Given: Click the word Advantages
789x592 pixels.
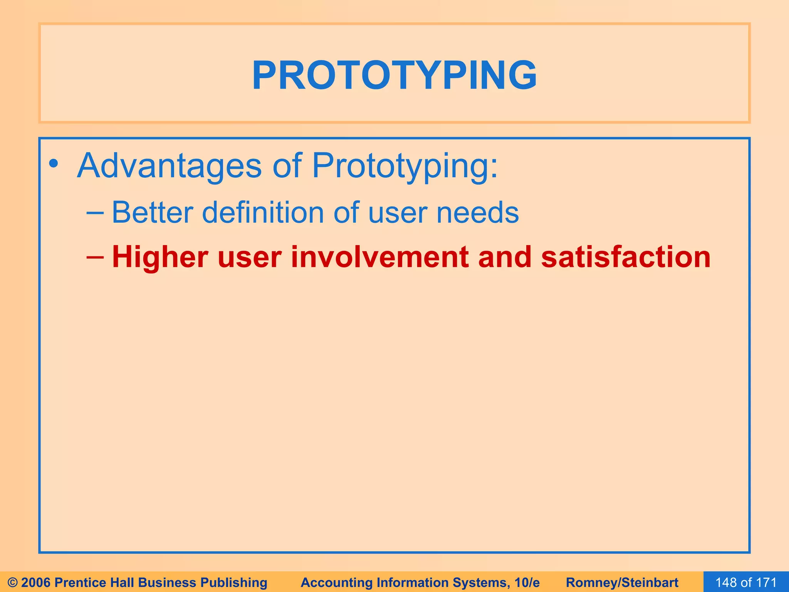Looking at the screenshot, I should point(170,166).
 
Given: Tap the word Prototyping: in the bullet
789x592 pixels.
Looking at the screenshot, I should point(405,166).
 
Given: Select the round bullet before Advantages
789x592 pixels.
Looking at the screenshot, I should point(54,164).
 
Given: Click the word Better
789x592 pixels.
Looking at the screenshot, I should point(152,212).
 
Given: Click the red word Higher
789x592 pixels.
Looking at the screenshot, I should point(160,257).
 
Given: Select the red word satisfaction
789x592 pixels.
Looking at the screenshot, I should point(626,257).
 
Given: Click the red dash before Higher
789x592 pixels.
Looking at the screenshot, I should point(95,256).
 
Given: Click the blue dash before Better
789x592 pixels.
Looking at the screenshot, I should point(95,212).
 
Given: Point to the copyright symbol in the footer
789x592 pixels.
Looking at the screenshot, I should point(13,582).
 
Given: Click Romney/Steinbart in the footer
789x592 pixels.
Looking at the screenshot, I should point(622,582).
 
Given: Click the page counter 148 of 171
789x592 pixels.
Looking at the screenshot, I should point(746,582).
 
